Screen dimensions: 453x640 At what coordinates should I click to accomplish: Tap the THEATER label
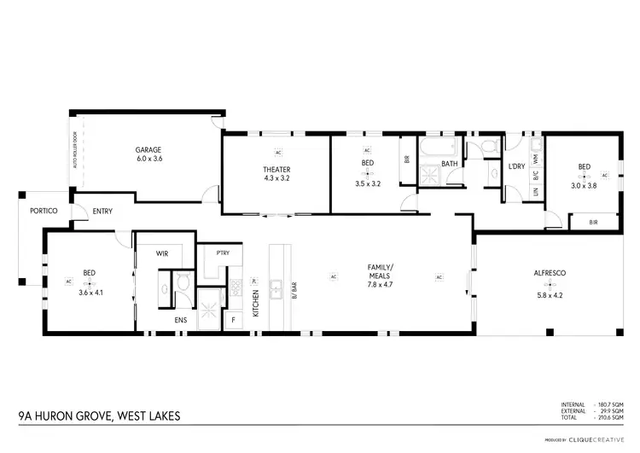click(276, 170)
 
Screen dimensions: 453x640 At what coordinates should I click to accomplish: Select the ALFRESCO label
click(550, 272)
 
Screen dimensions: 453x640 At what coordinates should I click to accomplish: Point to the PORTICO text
click(43, 211)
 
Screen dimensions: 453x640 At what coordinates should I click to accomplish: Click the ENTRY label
click(102, 212)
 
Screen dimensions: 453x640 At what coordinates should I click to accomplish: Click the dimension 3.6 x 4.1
click(90, 293)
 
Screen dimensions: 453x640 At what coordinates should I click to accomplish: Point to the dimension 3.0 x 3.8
click(584, 184)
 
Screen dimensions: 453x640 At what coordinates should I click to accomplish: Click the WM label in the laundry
click(535, 158)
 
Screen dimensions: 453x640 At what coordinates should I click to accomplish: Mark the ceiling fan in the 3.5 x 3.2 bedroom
click(367, 173)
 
